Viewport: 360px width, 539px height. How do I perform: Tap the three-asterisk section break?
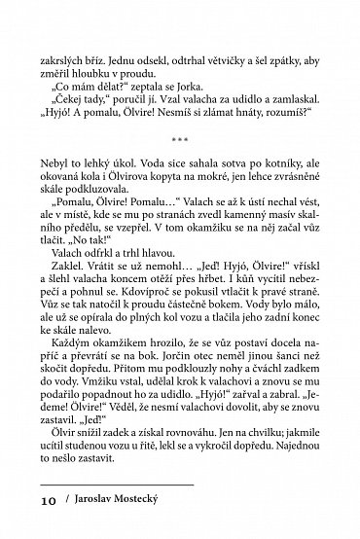(180, 152)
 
